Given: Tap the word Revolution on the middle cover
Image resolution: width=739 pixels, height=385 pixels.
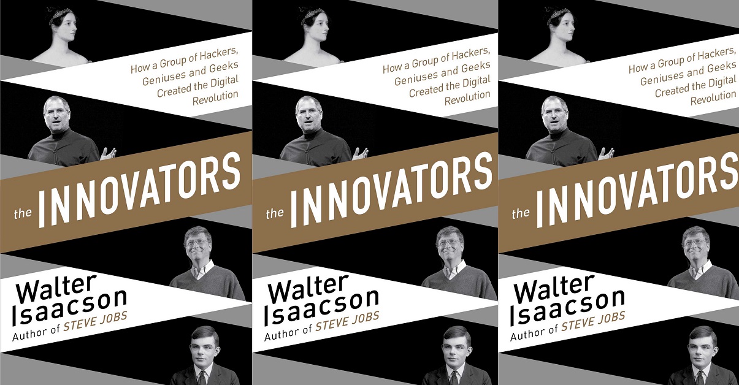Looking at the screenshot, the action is (x=467, y=98).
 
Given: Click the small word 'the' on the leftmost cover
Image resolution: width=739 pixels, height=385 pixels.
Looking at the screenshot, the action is (x=23, y=213).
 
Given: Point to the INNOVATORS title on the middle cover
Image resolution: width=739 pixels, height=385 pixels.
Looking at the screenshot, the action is (x=392, y=189).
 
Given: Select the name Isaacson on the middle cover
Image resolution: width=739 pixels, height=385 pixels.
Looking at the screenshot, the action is (x=321, y=307).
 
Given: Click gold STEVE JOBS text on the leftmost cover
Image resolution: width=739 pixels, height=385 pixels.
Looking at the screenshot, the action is (x=95, y=321).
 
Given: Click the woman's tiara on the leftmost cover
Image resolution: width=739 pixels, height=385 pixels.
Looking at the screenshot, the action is (x=60, y=15).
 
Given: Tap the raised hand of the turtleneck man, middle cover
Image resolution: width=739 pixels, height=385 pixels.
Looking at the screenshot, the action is (x=360, y=154).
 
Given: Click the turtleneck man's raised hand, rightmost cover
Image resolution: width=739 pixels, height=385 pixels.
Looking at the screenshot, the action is (x=606, y=154).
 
